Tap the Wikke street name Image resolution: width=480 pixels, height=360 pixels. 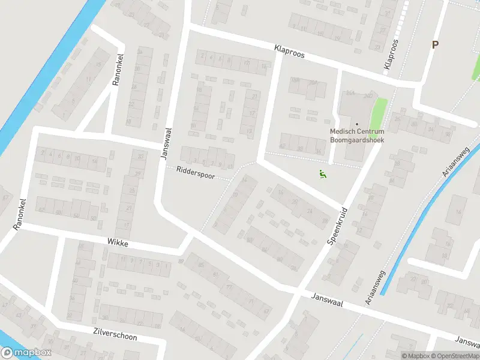click(118, 242)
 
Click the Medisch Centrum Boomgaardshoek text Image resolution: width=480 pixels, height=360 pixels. click(356, 136)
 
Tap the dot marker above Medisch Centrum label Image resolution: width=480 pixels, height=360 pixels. click(356, 124)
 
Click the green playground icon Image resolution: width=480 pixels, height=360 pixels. click(322, 175)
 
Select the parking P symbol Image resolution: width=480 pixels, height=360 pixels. click(435, 44)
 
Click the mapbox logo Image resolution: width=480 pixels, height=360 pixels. click(26, 353)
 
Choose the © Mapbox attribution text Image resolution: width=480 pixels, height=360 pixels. click(413, 356)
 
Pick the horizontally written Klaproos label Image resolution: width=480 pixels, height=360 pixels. click(289, 53)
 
